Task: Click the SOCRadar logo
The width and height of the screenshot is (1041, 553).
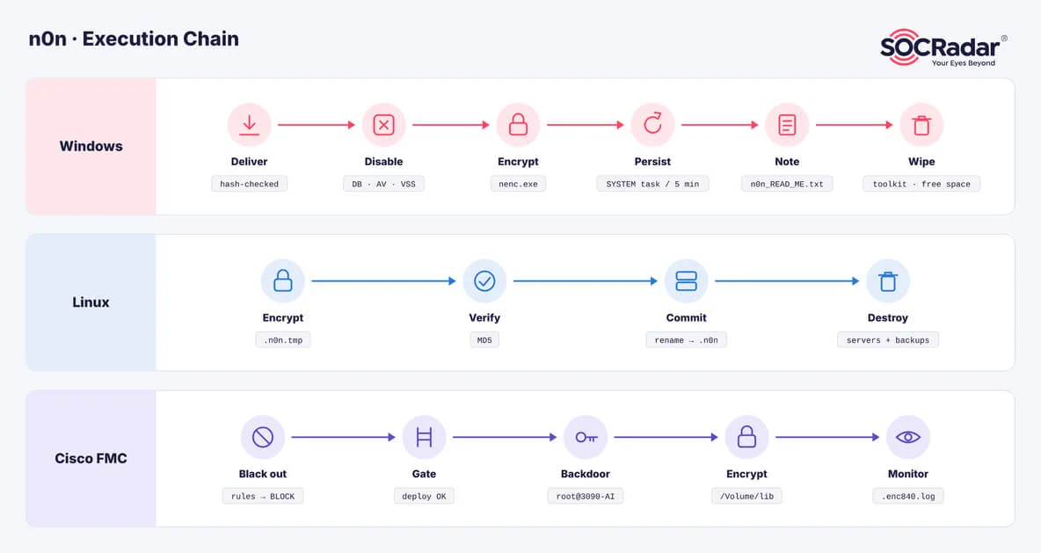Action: tap(943, 47)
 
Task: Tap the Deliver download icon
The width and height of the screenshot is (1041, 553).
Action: tap(249, 125)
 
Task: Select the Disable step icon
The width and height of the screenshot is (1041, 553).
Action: tap(383, 125)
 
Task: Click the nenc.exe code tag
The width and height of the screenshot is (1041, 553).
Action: tap(518, 184)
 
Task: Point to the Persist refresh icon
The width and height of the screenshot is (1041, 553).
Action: tap(652, 125)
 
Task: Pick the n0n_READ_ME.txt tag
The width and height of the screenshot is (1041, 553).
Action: tap(787, 184)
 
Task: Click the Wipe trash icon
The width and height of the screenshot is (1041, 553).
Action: tap(921, 125)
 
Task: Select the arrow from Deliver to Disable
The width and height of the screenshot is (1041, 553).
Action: tap(317, 125)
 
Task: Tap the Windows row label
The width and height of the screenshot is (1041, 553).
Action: tap(91, 146)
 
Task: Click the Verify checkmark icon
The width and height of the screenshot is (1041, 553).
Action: tap(484, 280)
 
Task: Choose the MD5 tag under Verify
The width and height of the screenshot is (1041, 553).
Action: tap(484, 340)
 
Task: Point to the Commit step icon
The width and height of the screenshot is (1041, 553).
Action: tap(686, 280)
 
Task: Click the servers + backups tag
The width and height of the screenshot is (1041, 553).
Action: tap(888, 340)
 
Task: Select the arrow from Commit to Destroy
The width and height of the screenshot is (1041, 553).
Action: tap(788, 280)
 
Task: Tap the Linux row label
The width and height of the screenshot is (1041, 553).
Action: tap(91, 302)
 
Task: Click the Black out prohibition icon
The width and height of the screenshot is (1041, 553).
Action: tap(263, 437)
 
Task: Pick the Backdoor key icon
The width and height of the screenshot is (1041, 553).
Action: tap(586, 437)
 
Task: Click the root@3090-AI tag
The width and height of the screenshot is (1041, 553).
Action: tap(586, 496)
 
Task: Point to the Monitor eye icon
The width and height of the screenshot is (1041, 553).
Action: tap(908, 437)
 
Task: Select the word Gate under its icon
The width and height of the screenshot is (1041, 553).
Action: tap(425, 474)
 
